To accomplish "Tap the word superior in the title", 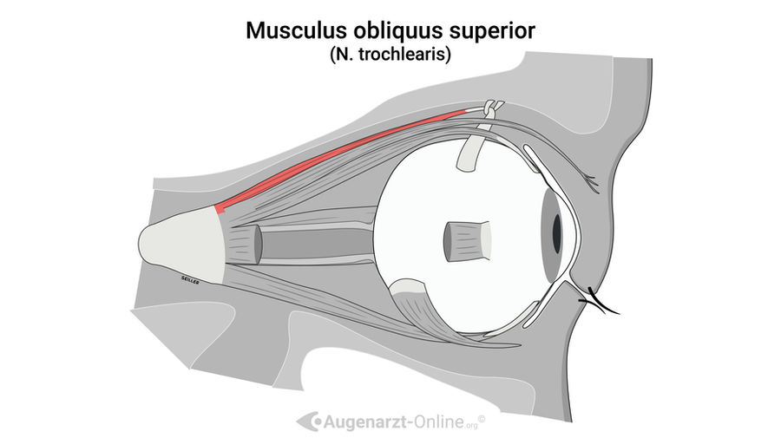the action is pos(493,32).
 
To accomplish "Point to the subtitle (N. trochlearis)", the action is pos(390,55).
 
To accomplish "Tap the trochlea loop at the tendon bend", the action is pos(492,108).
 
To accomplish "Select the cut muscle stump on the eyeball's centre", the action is pos(468,241).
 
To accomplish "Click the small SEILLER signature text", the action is pos(190,280).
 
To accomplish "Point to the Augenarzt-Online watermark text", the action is pos(395,422).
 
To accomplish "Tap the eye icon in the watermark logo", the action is pos(309,422).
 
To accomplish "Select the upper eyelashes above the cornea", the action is pos(590,183).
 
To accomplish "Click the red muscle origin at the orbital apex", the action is pos(220,208).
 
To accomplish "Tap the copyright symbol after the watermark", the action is pos(481,419).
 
